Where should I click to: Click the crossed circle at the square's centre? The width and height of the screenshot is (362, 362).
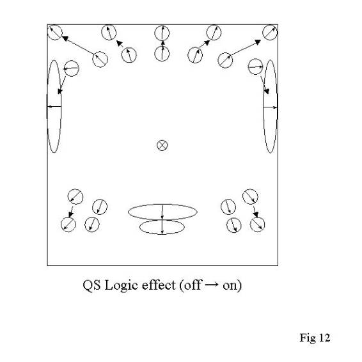point(162,145)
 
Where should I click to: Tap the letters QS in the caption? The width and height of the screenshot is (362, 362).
point(91,285)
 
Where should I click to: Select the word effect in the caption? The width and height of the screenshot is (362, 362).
point(159,285)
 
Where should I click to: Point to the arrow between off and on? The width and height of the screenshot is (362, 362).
point(212,284)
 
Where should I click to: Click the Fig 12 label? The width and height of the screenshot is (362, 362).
point(315,338)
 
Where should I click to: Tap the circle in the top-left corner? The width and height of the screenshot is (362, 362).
point(55,33)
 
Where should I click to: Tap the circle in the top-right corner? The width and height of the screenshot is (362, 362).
point(270,33)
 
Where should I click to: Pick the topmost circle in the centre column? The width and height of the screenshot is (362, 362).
point(162,26)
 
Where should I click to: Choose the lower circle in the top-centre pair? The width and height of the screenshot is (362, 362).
point(162,47)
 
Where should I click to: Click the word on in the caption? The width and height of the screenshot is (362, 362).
point(231,286)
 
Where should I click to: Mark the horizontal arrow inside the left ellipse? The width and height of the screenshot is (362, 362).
point(54,107)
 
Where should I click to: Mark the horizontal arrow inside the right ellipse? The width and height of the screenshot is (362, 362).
point(270,107)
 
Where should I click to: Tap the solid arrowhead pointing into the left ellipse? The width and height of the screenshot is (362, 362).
point(60,91)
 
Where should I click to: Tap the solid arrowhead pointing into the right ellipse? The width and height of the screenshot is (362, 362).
point(267,91)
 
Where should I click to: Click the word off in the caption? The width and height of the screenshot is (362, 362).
point(193,285)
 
